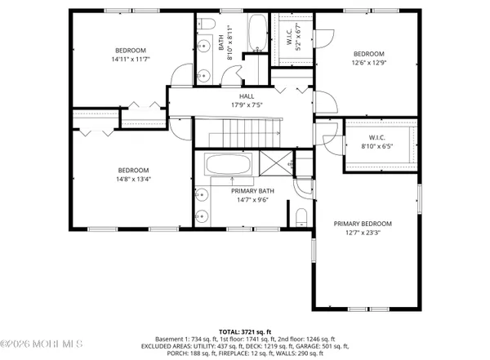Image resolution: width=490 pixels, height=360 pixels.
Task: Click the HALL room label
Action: (234, 96)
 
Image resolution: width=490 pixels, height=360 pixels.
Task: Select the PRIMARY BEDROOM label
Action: (363, 224)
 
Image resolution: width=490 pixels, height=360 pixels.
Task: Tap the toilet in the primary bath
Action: (301, 216)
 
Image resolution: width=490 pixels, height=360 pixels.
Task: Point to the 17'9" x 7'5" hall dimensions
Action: (234, 104)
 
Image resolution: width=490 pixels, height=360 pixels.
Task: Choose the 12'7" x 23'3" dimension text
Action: (363, 233)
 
